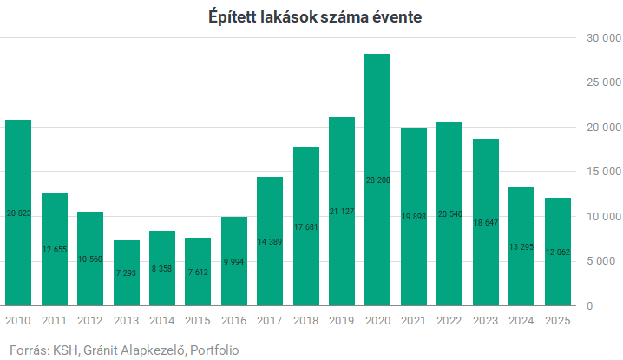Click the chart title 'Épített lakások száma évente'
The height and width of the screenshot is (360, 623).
314,16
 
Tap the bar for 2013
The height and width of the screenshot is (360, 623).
126,272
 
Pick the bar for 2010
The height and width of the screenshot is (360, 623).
18,213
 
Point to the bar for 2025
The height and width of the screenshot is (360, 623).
557,252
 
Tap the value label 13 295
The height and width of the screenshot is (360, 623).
521,245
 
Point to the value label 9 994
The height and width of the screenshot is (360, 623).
234,260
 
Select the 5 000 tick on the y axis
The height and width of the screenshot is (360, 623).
603,261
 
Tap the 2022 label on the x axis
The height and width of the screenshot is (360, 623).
449,320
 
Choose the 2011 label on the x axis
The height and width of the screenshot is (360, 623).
54,320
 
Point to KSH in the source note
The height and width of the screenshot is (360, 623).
65,350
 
